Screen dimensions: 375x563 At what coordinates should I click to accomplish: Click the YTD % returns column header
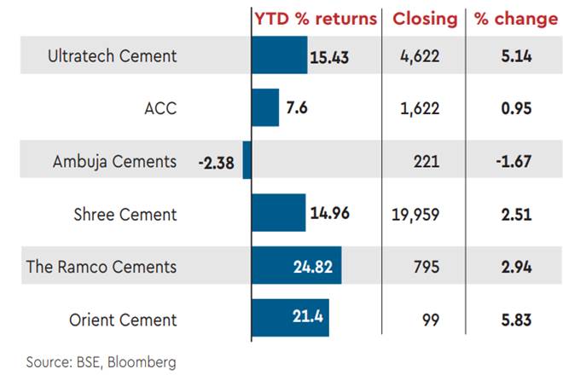[316, 18]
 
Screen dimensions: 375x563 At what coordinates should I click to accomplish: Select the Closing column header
[425, 18]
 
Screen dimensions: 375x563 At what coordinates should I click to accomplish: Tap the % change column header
[510, 18]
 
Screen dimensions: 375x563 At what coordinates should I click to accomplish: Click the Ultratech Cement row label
[113, 56]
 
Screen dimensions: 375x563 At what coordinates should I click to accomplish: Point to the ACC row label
[160, 108]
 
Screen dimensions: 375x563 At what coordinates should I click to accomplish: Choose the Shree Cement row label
[125, 214]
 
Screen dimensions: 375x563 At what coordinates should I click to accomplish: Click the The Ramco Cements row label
[101, 267]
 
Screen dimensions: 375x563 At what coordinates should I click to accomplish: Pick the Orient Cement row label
[123, 320]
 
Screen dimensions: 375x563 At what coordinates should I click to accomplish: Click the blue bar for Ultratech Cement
[279, 56]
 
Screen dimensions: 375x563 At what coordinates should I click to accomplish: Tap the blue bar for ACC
[265, 108]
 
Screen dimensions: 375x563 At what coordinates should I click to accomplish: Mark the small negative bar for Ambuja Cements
[247, 161]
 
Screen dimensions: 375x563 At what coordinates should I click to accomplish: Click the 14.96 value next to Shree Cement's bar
[330, 214]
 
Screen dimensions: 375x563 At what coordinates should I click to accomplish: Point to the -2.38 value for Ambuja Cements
[217, 161]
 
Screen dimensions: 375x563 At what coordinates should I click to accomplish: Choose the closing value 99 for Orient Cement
[431, 320]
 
